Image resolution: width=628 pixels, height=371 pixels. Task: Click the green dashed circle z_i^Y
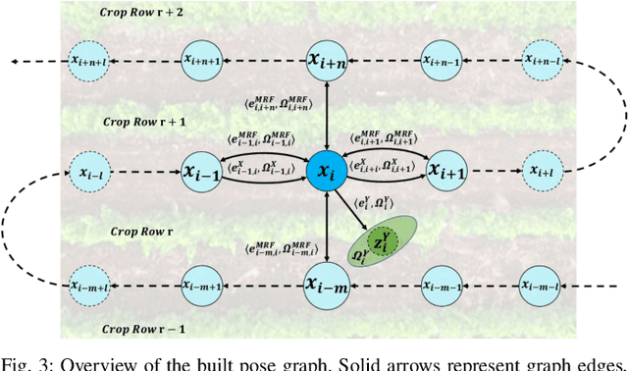376,240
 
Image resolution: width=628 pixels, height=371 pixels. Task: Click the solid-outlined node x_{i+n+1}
202,61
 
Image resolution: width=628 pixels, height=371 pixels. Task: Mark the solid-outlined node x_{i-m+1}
202,285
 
